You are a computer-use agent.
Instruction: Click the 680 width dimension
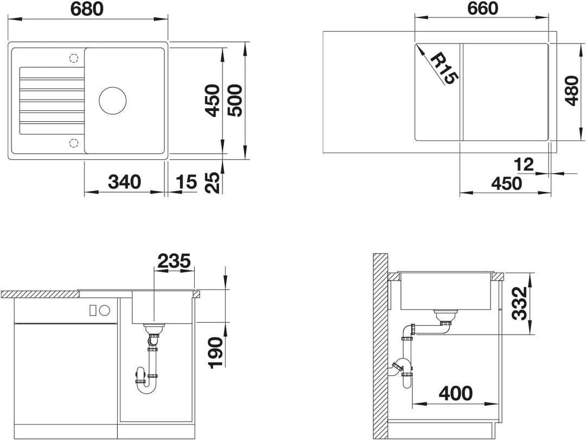(x=86, y=9)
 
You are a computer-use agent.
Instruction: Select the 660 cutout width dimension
(x=482, y=9)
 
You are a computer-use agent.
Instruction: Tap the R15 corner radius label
(x=443, y=69)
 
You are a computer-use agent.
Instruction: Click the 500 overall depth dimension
(x=235, y=100)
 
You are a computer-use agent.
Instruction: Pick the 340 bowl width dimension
(x=124, y=182)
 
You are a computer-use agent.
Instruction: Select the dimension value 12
(x=524, y=164)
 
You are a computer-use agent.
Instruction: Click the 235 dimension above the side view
(x=174, y=261)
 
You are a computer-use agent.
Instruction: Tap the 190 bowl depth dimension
(x=215, y=353)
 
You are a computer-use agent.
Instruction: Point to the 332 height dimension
(x=519, y=304)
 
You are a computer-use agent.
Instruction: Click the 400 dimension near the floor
(x=456, y=393)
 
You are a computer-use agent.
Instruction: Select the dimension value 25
(x=213, y=182)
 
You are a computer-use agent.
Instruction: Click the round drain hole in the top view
(x=112, y=100)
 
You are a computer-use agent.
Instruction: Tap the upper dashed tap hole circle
(x=74, y=58)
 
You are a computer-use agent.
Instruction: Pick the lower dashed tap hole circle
(x=74, y=143)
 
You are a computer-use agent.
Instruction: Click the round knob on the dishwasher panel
(x=105, y=310)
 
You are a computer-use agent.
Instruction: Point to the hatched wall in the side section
(x=380, y=347)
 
